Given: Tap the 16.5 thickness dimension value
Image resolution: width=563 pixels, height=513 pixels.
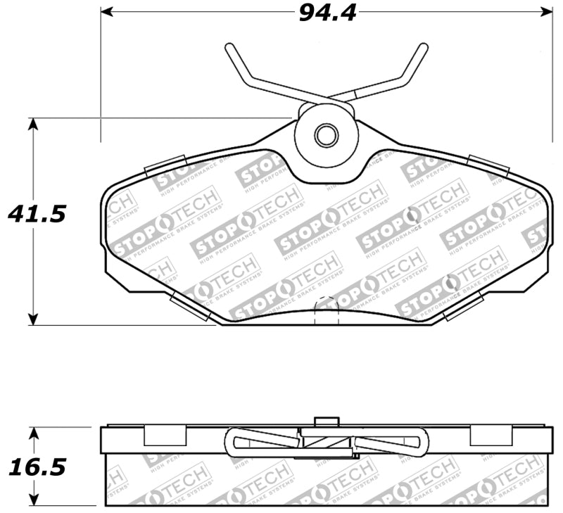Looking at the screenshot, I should coord(36,467).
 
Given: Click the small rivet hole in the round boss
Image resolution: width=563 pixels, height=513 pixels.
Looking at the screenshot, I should coord(325,135).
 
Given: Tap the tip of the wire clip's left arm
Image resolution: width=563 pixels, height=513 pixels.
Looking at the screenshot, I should coord(229,47).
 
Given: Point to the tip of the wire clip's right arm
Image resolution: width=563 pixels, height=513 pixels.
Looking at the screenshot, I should coord(423,47).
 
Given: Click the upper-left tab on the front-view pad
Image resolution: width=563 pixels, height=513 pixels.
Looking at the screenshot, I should coord(165,166).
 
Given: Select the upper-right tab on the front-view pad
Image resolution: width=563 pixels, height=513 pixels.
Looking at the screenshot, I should coord(488,166).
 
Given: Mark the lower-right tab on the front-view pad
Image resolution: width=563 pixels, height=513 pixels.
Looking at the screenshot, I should coord(462,307).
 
